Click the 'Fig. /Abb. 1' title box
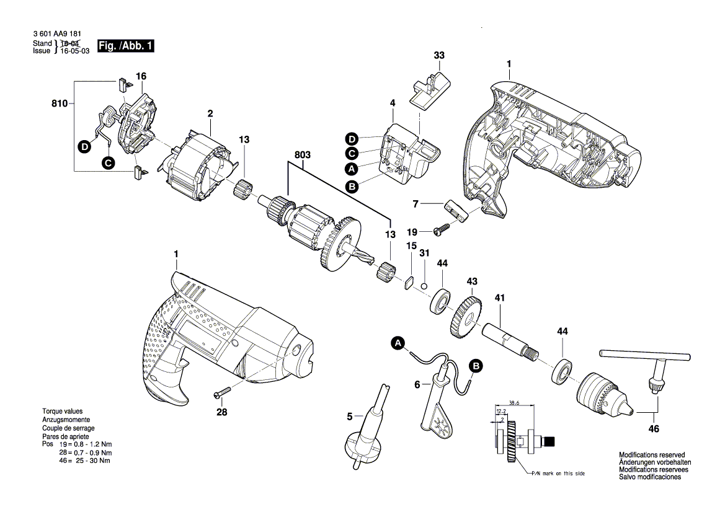(125, 46)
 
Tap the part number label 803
(303, 155)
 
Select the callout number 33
(439, 55)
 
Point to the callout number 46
(653, 429)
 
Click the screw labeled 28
(222, 393)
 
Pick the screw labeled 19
(442, 228)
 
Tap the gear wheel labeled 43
(465, 317)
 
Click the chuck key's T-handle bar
(644, 355)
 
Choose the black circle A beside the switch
(352, 170)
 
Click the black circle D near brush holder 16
(84, 148)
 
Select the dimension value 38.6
(514, 403)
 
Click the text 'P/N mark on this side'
(558, 473)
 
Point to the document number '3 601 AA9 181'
(57, 33)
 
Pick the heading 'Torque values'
(63, 411)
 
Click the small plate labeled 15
(408, 282)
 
